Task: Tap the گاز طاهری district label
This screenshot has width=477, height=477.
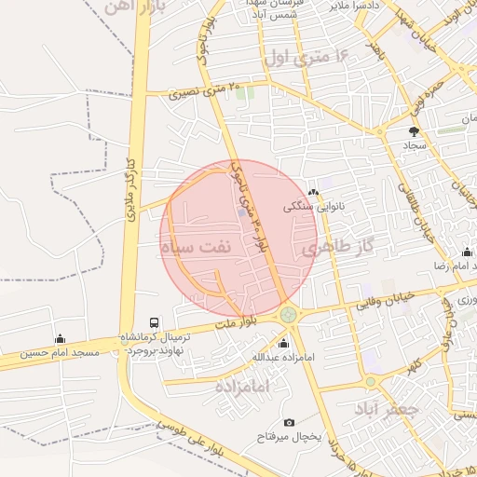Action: tap(336, 247)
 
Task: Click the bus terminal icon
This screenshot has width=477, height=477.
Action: tap(154, 322)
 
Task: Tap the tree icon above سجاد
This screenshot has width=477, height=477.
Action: tap(415, 131)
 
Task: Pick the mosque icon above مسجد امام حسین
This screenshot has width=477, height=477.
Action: tap(61, 338)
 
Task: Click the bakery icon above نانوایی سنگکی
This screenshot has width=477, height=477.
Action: tap(313, 193)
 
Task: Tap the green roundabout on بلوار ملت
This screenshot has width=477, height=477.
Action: tap(291, 316)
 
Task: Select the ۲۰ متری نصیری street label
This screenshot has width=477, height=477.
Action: tap(206, 91)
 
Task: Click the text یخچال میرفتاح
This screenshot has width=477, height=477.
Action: tap(288, 437)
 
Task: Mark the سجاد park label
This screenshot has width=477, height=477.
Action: tap(415, 146)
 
